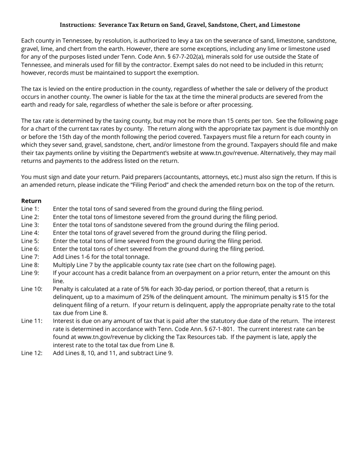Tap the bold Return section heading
tap(31, 201)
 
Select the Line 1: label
tap(30, 209)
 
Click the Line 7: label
tap(30, 257)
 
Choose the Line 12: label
tap(31, 353)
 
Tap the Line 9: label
tap(30, 273)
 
